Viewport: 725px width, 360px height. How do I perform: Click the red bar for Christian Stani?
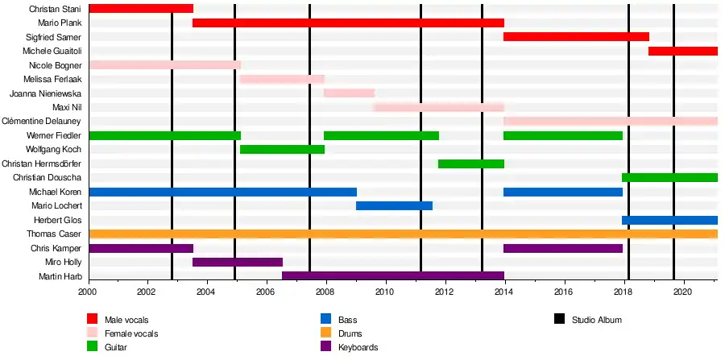(141, 9)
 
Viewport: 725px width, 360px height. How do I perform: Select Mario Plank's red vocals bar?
(348, 23)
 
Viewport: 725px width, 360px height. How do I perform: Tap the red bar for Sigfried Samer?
(576, 37)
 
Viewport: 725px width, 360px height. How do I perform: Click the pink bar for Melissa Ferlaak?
(282, 79)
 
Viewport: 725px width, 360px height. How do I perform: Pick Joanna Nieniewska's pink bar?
(349, 93)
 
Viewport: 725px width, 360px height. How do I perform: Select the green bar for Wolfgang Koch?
(282, 150)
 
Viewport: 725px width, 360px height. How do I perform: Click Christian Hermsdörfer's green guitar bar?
(471, 163)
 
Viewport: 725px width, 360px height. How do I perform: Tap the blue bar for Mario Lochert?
(394, 206)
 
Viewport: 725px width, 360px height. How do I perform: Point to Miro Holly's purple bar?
(238, 263)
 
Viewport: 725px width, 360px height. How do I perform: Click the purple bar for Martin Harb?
(393, 276)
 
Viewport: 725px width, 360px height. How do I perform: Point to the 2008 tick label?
(325, 292)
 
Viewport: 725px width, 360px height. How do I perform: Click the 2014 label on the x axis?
(504, 292)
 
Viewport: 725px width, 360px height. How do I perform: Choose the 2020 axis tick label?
(682, 292)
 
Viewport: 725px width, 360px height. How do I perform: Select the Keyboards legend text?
(358, 348)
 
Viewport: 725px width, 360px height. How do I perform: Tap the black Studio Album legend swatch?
(559, 320)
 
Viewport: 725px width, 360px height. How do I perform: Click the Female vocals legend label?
(131, 333)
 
